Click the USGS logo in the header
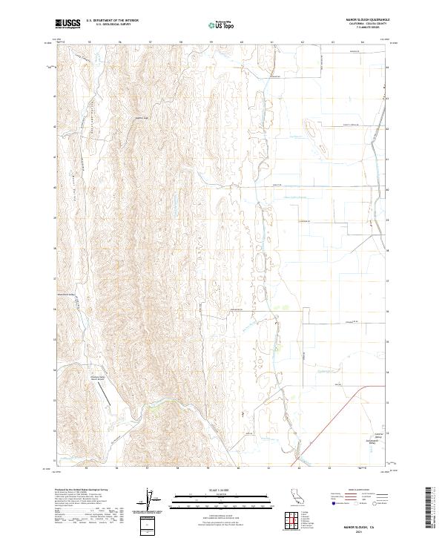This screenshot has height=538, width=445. (68, 24)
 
